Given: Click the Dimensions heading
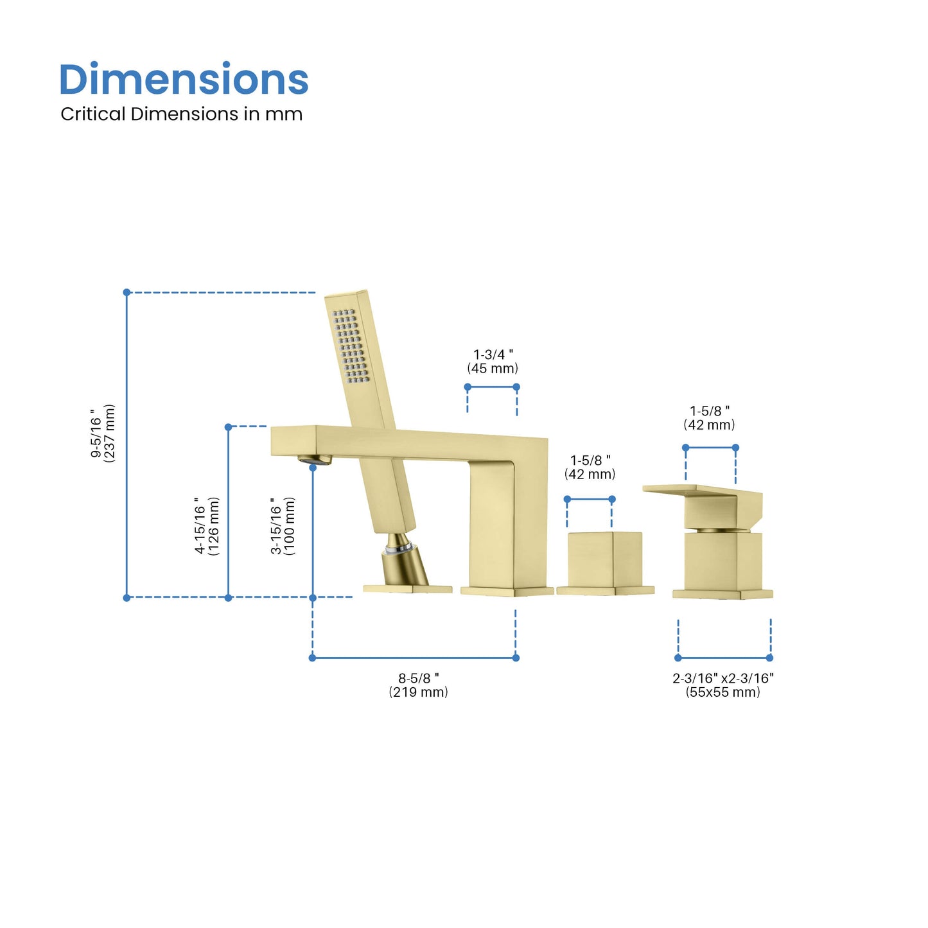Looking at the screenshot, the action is tap(184, 79).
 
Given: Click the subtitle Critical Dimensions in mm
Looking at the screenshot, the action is tap(182, 114).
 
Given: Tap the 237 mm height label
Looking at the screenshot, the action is tap(103, 433).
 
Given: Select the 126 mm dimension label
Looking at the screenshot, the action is tap(207, 526).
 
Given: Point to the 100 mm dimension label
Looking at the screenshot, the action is tap(283, 526).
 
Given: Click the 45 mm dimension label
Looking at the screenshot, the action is tap(493, 362).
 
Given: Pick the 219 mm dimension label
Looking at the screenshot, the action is tap(419, 685).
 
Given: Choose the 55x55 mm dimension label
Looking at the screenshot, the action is tap(723, 685).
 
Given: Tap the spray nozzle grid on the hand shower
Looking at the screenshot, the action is tap(351, 346).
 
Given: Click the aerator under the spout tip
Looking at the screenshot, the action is tap(315, 459).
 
